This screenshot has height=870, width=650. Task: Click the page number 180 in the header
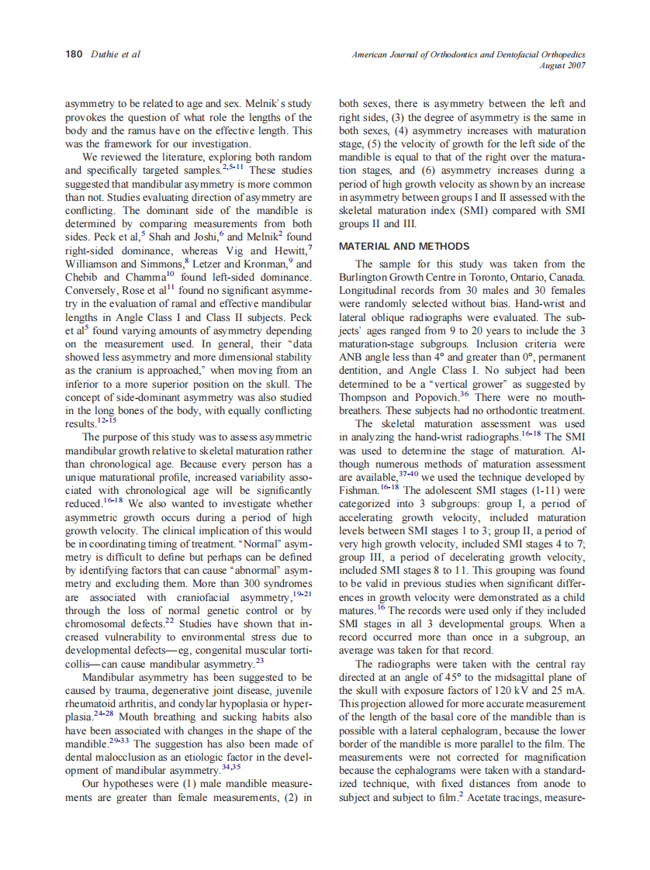[x=74, y=54]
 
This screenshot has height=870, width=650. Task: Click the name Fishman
[x=359, y=491]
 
